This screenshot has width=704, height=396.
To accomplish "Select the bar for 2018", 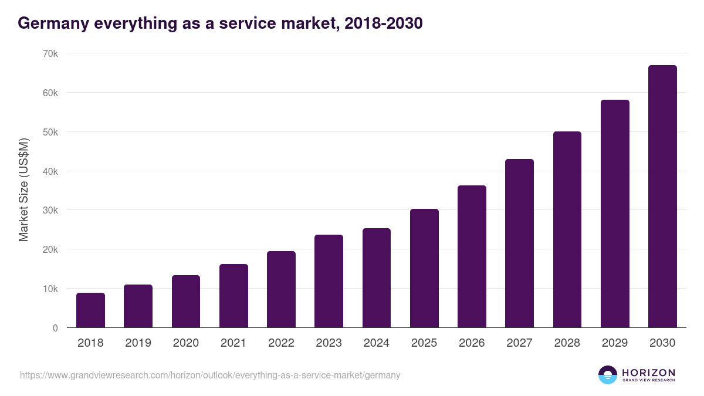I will click(90, 310).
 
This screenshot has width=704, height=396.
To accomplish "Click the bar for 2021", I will click(233, 296).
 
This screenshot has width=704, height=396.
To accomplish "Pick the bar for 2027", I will click(520, 243).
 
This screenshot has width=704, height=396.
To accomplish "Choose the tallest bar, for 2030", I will click(662, 197).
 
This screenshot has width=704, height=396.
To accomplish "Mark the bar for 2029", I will click(615, 214).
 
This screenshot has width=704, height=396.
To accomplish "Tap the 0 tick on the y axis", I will click(55, 328).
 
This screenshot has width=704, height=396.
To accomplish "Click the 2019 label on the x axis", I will click(138, 343).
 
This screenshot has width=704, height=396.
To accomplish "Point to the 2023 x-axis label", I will click(329, 343).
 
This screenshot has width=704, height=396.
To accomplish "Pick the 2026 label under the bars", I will click(472, 343).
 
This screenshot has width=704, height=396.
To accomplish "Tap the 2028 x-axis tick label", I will click(567, 343).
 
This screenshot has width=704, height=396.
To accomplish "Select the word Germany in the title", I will click(52, 23).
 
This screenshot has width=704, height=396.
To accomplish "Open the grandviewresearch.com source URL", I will click(210, 375).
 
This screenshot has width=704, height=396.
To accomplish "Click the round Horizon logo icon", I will click(608, 375).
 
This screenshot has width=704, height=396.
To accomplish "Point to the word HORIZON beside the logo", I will click(648, 372).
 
